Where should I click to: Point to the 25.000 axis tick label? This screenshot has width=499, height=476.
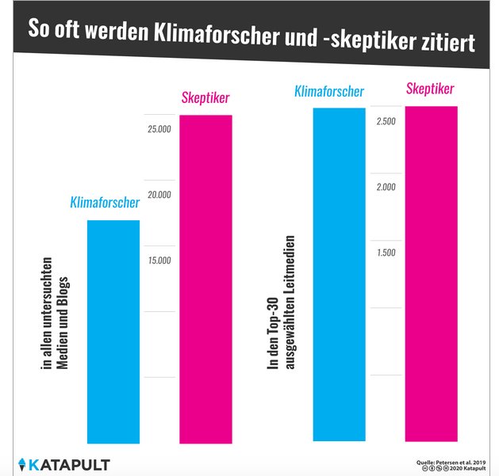[159, 129]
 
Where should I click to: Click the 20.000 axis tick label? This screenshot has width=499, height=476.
[159, 195]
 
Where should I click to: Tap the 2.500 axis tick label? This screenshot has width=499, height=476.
[387, 121]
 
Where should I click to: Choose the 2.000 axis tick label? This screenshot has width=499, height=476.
[387, 187]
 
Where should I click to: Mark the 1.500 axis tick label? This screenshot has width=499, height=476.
[387, 253]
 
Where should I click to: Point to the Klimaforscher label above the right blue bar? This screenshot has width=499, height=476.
[328, 91]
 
